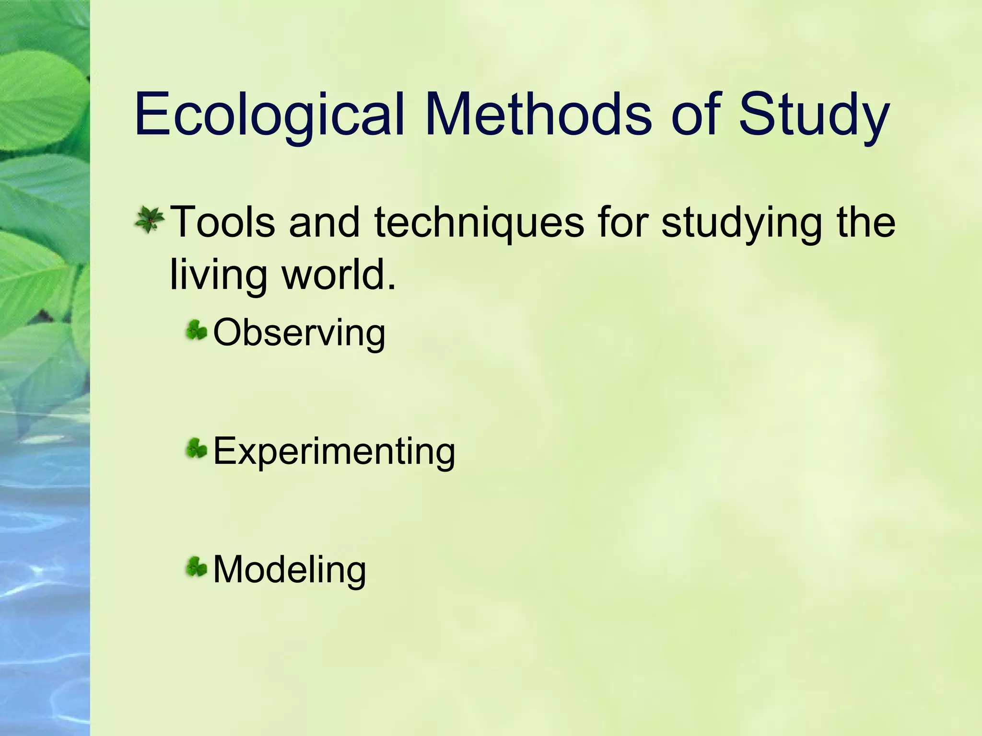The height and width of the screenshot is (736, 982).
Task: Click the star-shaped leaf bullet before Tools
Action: (150, 220)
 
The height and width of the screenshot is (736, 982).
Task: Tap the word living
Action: (218, 275)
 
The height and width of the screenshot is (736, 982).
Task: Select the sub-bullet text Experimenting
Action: (334, 451)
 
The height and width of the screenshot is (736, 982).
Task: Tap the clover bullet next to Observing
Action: (197, 331)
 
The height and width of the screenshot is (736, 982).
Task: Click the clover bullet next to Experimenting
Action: (197, 449)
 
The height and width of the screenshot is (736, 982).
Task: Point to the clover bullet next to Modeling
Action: (197, 567)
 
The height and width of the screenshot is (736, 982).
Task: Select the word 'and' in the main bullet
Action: (325, 221)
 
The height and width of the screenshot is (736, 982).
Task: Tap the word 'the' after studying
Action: (866, 221)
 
